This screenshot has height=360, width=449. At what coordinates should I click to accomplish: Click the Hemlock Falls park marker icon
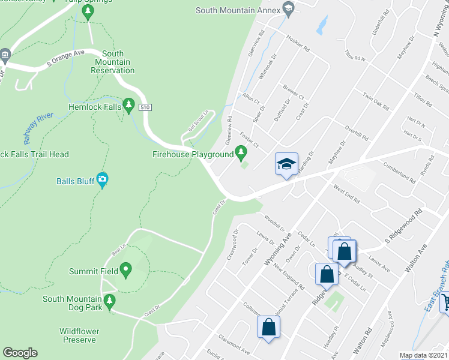pyautogui.click(x=128, y=106)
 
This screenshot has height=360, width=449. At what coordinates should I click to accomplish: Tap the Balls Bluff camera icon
pyautogui.click(x=103, y=180)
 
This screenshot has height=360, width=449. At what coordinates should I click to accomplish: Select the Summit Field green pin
pyautogui.click(x=125, y=271)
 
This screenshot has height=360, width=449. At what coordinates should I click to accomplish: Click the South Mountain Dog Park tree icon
pyautogui.click(x=109, y=302)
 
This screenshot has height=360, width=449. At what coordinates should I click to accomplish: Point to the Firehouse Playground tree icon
pyautogui.click(x=242, y=154)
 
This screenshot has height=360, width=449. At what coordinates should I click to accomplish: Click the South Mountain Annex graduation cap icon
pyautogui.click(x=288, y=10)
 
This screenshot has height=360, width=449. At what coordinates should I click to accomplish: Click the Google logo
pyautogui.click(x=20, y=353)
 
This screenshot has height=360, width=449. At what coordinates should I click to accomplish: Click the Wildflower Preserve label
pyautogui.click(x=79, y=335)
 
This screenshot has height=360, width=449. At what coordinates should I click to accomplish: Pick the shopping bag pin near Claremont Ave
pyautogui.click(x=268, y=328)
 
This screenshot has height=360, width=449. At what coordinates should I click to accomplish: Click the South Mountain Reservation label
pyautogui.click(x=112, y=62)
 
